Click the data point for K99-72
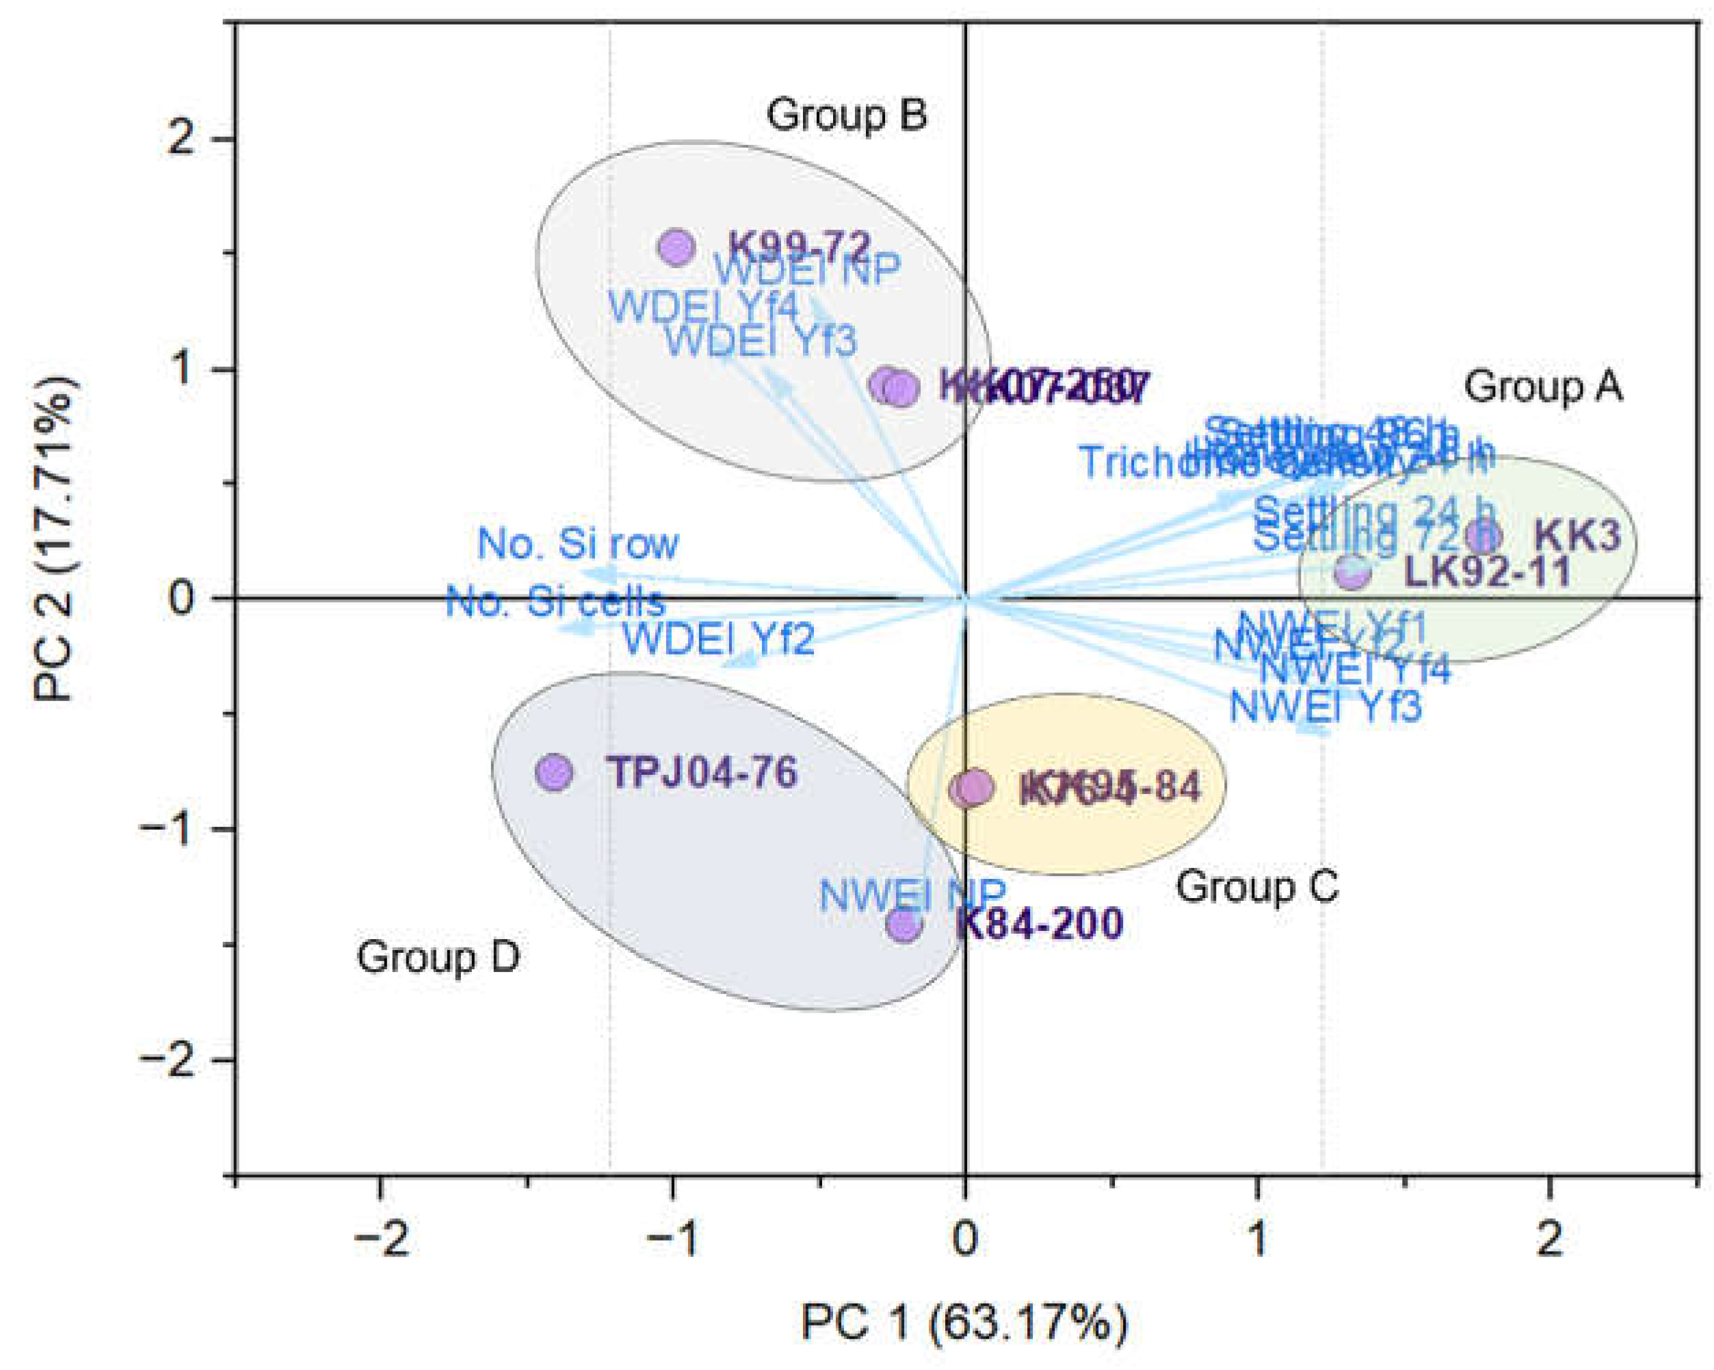676,248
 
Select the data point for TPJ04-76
554,772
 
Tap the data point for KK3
1484,536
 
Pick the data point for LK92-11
1352,571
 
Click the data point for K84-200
905,924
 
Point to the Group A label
1543,387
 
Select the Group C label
1257,886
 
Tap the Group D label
438,956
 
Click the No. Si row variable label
578,544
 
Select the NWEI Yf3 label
1326,706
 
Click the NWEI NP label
912,895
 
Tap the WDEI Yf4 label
703,307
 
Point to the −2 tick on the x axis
381,1239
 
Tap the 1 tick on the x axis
1258,1239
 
